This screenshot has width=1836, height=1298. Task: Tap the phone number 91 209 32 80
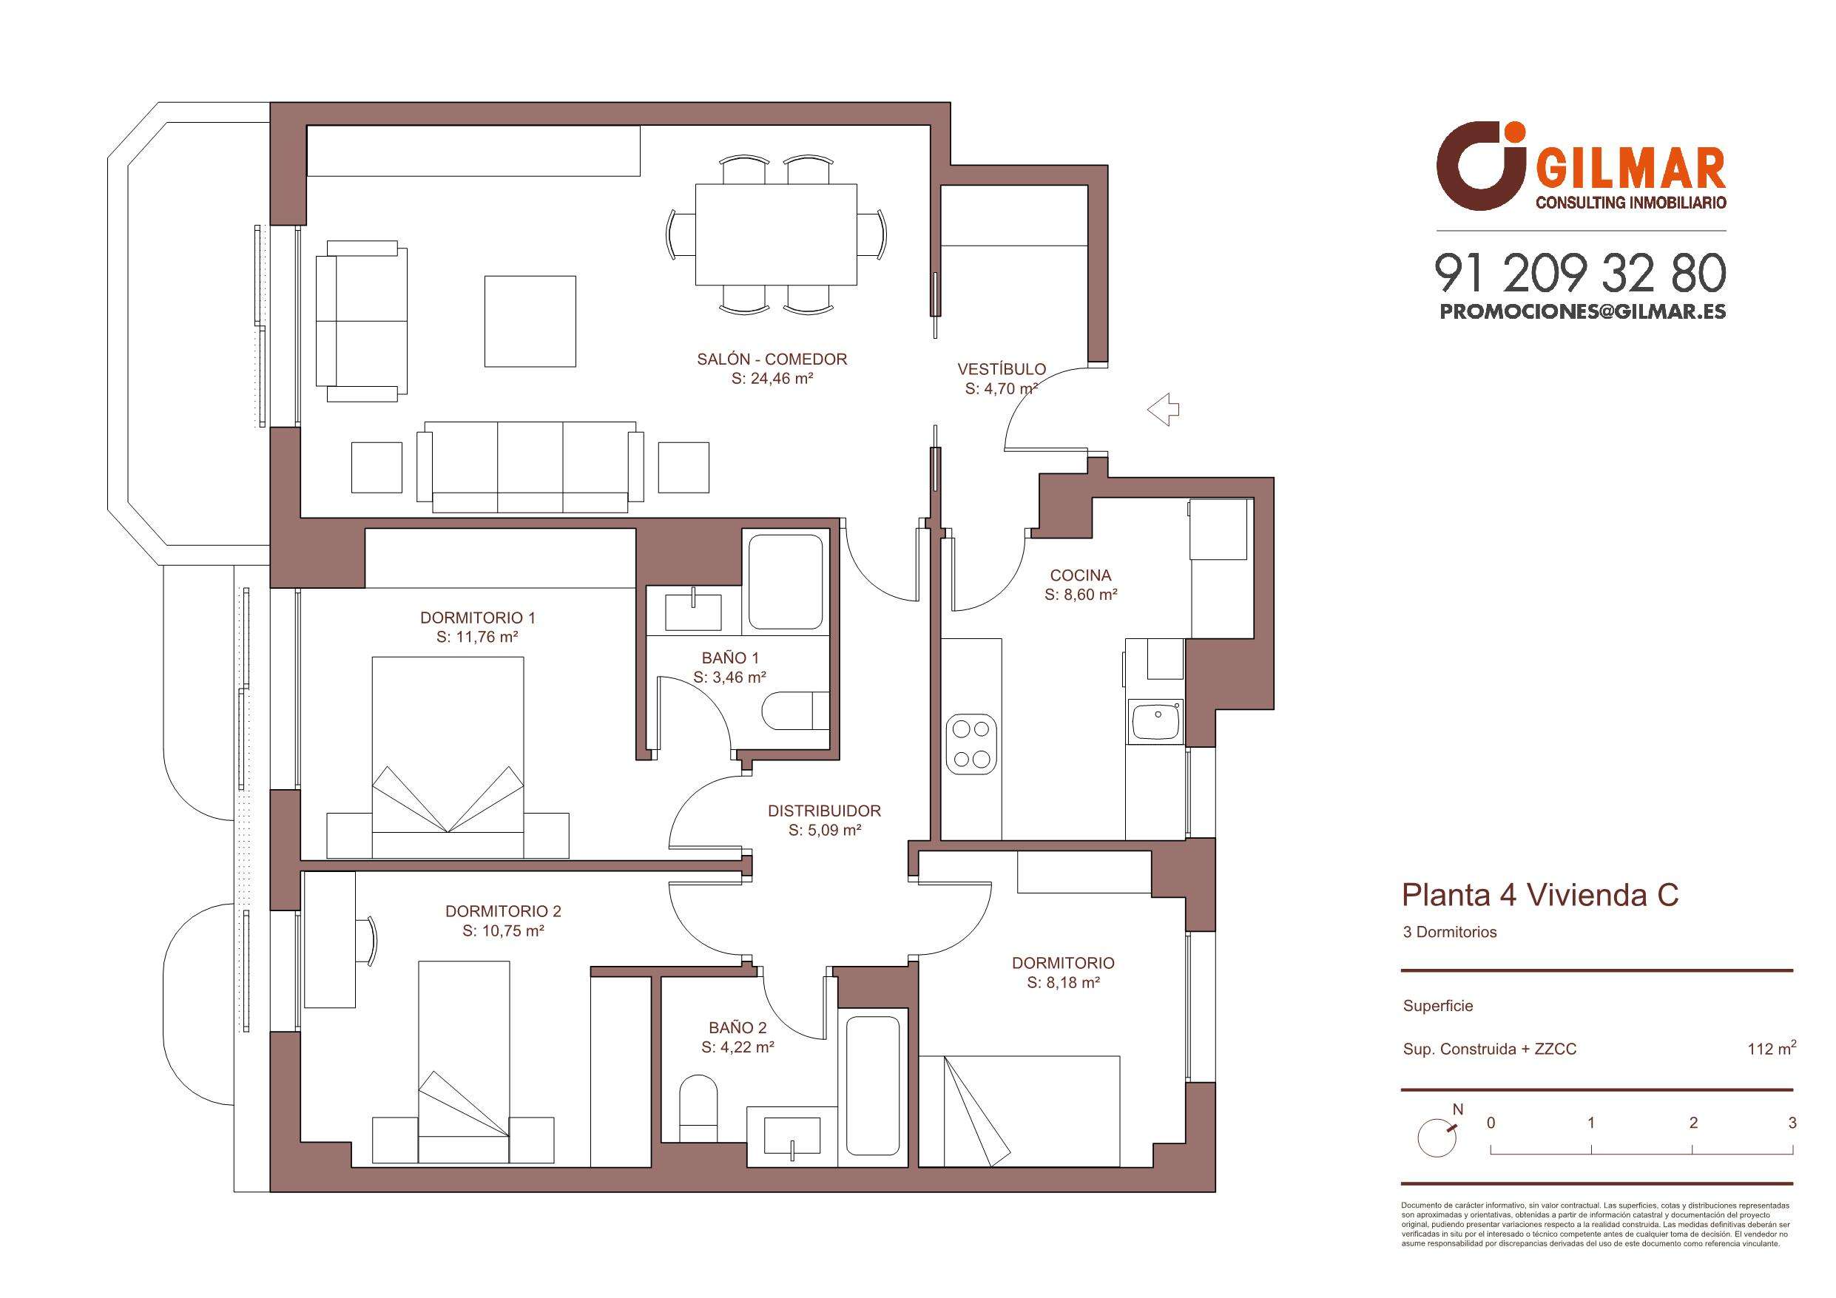pyautogui.click(x=1580, y=274)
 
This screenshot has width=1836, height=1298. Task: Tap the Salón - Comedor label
pyautogui.click(x=772, y=360)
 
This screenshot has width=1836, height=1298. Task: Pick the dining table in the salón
pyautogui.click(x=776, y=235)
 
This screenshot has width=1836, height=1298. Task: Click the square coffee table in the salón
pyautogui.click(x=530, y=321)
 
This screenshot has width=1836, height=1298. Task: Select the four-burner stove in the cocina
pyautogui.click(x=971, y=744)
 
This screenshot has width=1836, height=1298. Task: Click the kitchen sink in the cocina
pyautogui.click(x=1155, y=720)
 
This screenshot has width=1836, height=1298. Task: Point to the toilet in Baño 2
pyautogui.click(x=698, y=1108)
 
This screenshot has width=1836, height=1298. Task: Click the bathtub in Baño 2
pyautogui.click(x=874, y=1084)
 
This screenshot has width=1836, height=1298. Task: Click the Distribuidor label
pyautogui.click(x=825, y=811)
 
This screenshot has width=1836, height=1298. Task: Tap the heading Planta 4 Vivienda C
pyautogui.click(x=1540, y=896)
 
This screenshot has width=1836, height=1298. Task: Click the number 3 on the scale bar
pyautogui.click(x=1793, y=1123)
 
